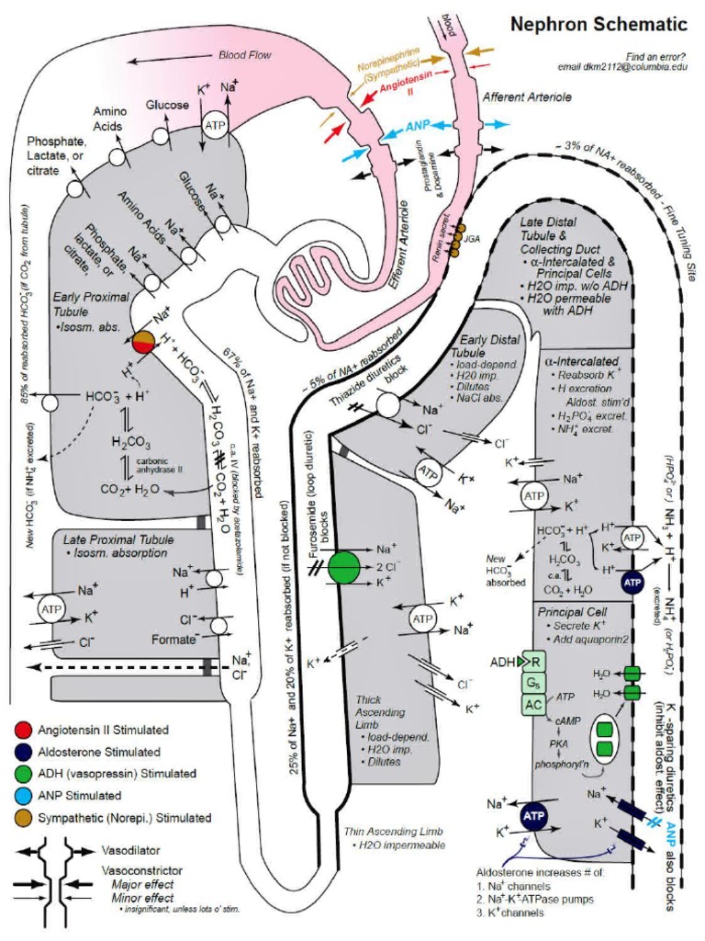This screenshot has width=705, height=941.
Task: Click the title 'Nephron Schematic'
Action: point(599,25)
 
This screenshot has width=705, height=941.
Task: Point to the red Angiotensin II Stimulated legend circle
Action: point(22,730)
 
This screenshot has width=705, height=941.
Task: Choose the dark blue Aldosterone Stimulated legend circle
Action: point(22,752)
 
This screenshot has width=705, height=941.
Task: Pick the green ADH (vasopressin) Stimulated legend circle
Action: point(22,774)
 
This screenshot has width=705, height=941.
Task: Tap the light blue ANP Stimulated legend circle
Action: point(22,796)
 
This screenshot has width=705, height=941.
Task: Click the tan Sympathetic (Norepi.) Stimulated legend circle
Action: point(22,818)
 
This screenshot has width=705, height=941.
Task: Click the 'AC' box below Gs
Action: point(532,704)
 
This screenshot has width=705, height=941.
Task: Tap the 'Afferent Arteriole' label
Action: point(527,96)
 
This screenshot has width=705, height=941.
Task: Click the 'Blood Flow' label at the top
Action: point(245,55)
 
